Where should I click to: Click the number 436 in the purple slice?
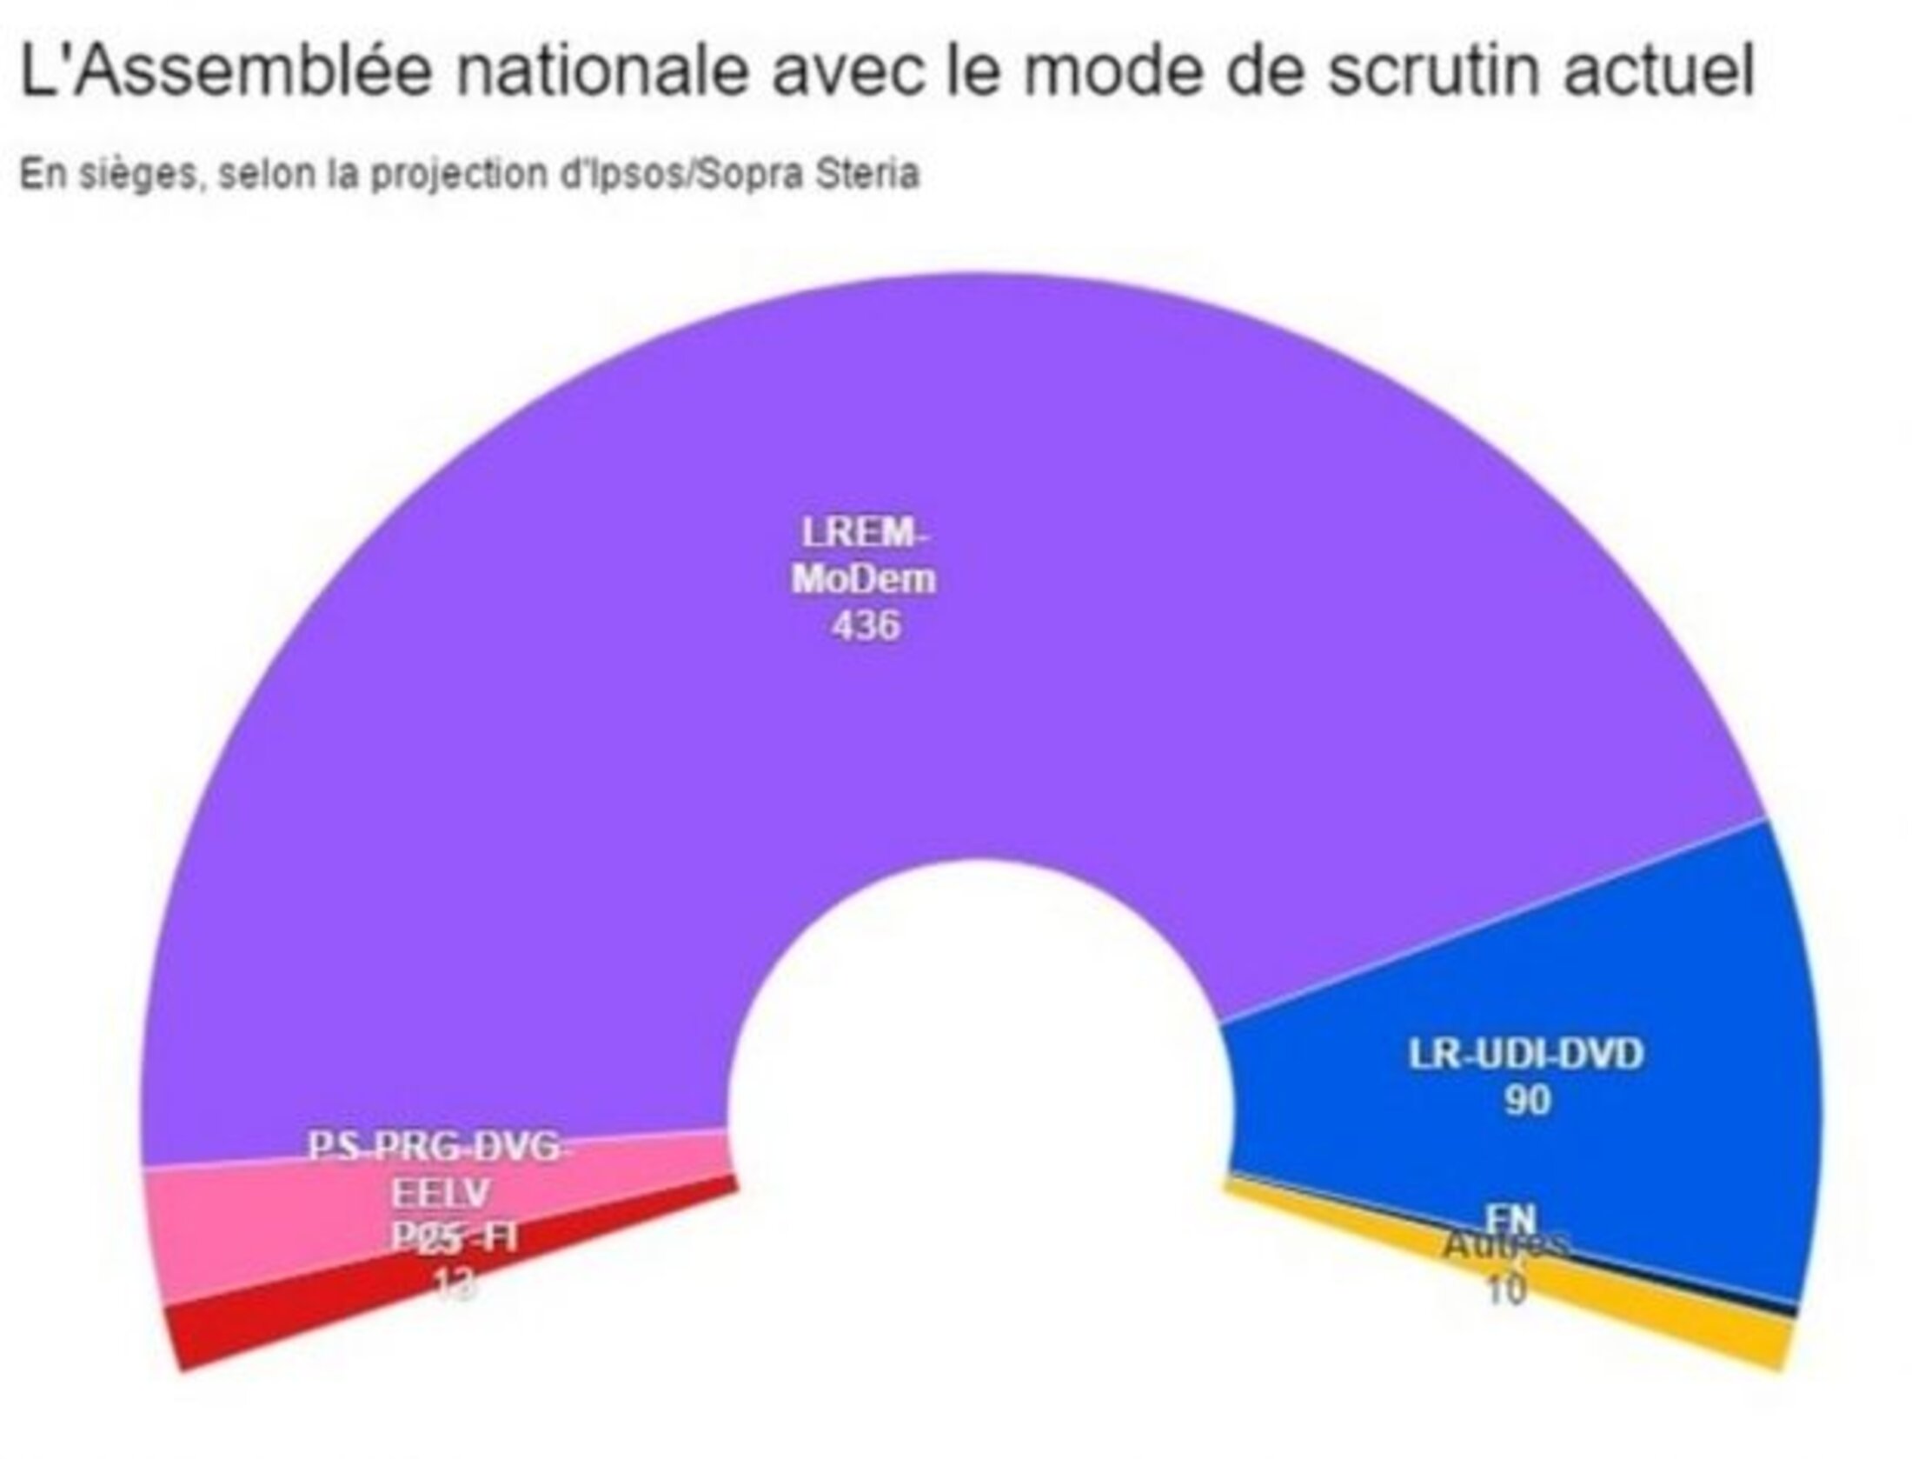(x=866, y=626)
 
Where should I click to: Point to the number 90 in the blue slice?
(x=1527, y=1102)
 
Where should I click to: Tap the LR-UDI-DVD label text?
(x=1526, y=1055)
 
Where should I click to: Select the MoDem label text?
(x=865, y=579)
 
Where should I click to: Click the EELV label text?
(x=440, y=1195)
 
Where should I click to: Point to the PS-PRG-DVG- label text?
(x=440, y=1148)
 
